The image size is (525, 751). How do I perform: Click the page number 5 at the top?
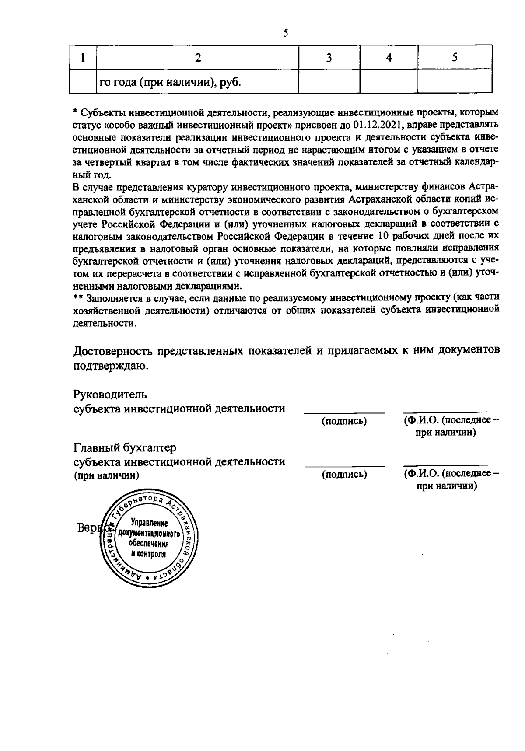(x=285, y=33)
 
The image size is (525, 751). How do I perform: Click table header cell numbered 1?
(x=83, y=58)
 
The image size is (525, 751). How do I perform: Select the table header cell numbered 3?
(x=329, y=58)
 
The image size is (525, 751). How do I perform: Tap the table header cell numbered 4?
(x=388, y=58)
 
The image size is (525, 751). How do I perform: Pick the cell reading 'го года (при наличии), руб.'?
(x=171, y=82)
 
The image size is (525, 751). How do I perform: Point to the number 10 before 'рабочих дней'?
(x=380, y=237)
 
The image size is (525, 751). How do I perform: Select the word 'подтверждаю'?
(x=109, y=365)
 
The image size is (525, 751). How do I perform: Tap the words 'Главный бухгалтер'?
(x=125, y=448)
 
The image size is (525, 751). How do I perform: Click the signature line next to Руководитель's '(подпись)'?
(x=344, y=412)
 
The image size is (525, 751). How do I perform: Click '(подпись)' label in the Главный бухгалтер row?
(x=344, y=474)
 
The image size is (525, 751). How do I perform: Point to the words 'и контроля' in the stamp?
(x=149, y=554)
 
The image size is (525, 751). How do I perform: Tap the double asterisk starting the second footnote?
(x=78, y=299)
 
